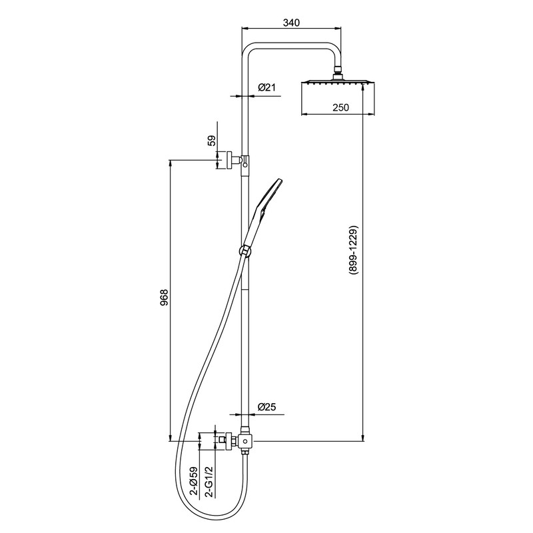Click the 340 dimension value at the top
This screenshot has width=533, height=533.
pos(291,23)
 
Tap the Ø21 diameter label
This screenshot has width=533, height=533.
pos(266,88)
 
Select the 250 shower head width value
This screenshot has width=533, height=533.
pos(340,107)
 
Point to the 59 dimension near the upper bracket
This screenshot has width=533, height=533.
pos(211,140)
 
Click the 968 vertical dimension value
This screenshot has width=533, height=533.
pos(164,298)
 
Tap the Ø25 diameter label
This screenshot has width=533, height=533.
pos(266,406)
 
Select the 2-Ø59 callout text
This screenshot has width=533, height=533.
pos(194,482)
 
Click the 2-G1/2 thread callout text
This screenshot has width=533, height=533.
pos(210,482)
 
